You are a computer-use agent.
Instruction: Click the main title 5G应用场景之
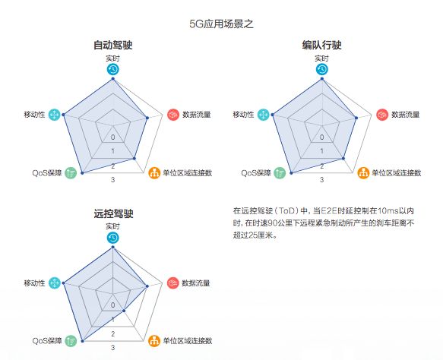coord(221,24)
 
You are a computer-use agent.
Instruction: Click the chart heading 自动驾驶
coord(113,45)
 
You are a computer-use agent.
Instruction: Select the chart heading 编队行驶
coord(321,45)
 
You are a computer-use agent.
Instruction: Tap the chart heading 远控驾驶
coord(113,213)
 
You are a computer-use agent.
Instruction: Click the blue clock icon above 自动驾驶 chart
coord(113,69)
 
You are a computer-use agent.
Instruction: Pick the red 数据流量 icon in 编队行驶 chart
coord(382,115)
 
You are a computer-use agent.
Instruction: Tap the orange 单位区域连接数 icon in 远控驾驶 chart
coord(154,341)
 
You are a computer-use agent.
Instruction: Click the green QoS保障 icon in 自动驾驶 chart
coord(71,173)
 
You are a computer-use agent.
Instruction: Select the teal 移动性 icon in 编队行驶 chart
coord(264,115)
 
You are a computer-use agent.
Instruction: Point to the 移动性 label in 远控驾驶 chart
coord(34,283)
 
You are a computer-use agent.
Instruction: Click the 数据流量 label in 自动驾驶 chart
coord(197,115)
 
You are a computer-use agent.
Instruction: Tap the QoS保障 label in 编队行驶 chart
coord(255,173)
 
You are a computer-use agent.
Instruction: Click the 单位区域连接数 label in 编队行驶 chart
coord(397,173)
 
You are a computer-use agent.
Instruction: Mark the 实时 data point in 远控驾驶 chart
coord(113,247)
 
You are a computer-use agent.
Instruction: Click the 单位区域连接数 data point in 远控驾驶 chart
coord(123,311)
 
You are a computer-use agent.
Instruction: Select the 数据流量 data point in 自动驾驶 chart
coord(147,118)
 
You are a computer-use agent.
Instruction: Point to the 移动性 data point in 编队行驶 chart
coord(272,115)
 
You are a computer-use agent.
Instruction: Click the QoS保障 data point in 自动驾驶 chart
coord(82,173)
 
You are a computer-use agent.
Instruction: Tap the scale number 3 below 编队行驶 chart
coord(321,179)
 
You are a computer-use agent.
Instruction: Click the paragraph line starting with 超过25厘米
coord(255,235)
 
